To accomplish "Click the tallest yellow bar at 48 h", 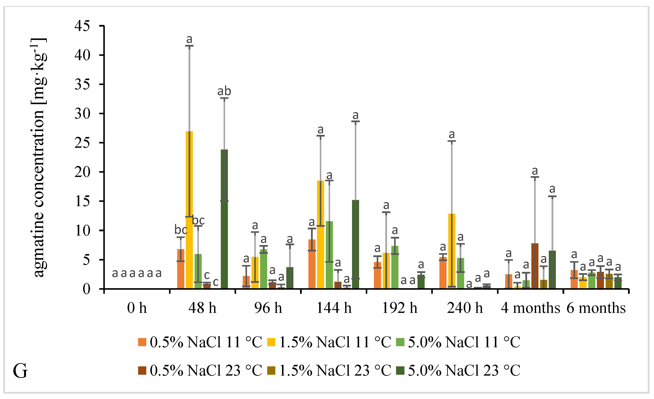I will click(189, 210).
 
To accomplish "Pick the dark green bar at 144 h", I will click(355, 244).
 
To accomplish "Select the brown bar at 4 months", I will click(535, 266).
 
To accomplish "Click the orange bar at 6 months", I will click(574, 279).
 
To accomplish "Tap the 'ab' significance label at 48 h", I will click(224, 91).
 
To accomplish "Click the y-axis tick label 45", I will click(82, 26).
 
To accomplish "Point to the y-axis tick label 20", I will click(82, 172).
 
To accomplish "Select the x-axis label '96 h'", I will click(268, 308).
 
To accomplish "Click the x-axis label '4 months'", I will click(530, 308).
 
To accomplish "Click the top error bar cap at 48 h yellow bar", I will click(189, 46).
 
